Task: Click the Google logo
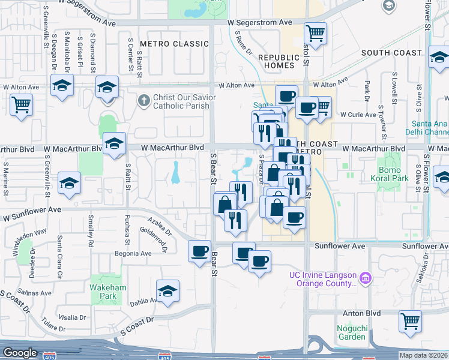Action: point(19,353)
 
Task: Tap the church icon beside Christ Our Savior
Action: point(143,101)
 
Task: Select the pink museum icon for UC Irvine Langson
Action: point(366,278)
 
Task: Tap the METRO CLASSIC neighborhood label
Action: point(165,44)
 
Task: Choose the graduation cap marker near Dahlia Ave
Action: point(169,290)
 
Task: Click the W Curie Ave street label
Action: point(358,114)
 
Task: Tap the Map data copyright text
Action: point(424,355)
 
